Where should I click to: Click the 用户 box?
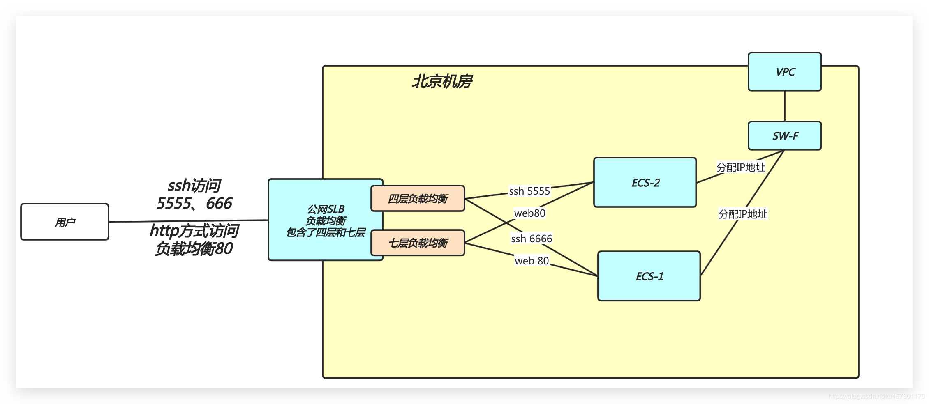click(65, 222)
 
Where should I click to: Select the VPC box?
click(784, 72)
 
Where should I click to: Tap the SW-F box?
click(784, 136)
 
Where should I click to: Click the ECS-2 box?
click(645, 183)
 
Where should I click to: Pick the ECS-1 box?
click(649, 276)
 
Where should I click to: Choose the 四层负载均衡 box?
click(418, 199)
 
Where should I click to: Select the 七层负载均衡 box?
click(418, 243)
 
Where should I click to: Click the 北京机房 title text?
click(442, 82)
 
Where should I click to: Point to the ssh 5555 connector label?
click(529, 191)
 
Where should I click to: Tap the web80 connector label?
click(529, 213)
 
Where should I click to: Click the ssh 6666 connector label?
click(531, 239)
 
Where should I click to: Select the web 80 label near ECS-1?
click(532, 261)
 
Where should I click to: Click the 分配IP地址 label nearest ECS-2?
click(740, 168)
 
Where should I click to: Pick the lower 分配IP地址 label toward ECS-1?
click(742, 214)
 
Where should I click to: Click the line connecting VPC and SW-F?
click(784, 106)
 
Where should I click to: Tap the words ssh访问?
click(194, 186)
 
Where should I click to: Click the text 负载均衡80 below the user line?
click(194, 249)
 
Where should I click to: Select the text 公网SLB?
click(326, 209)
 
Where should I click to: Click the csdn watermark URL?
click(876, 397)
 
